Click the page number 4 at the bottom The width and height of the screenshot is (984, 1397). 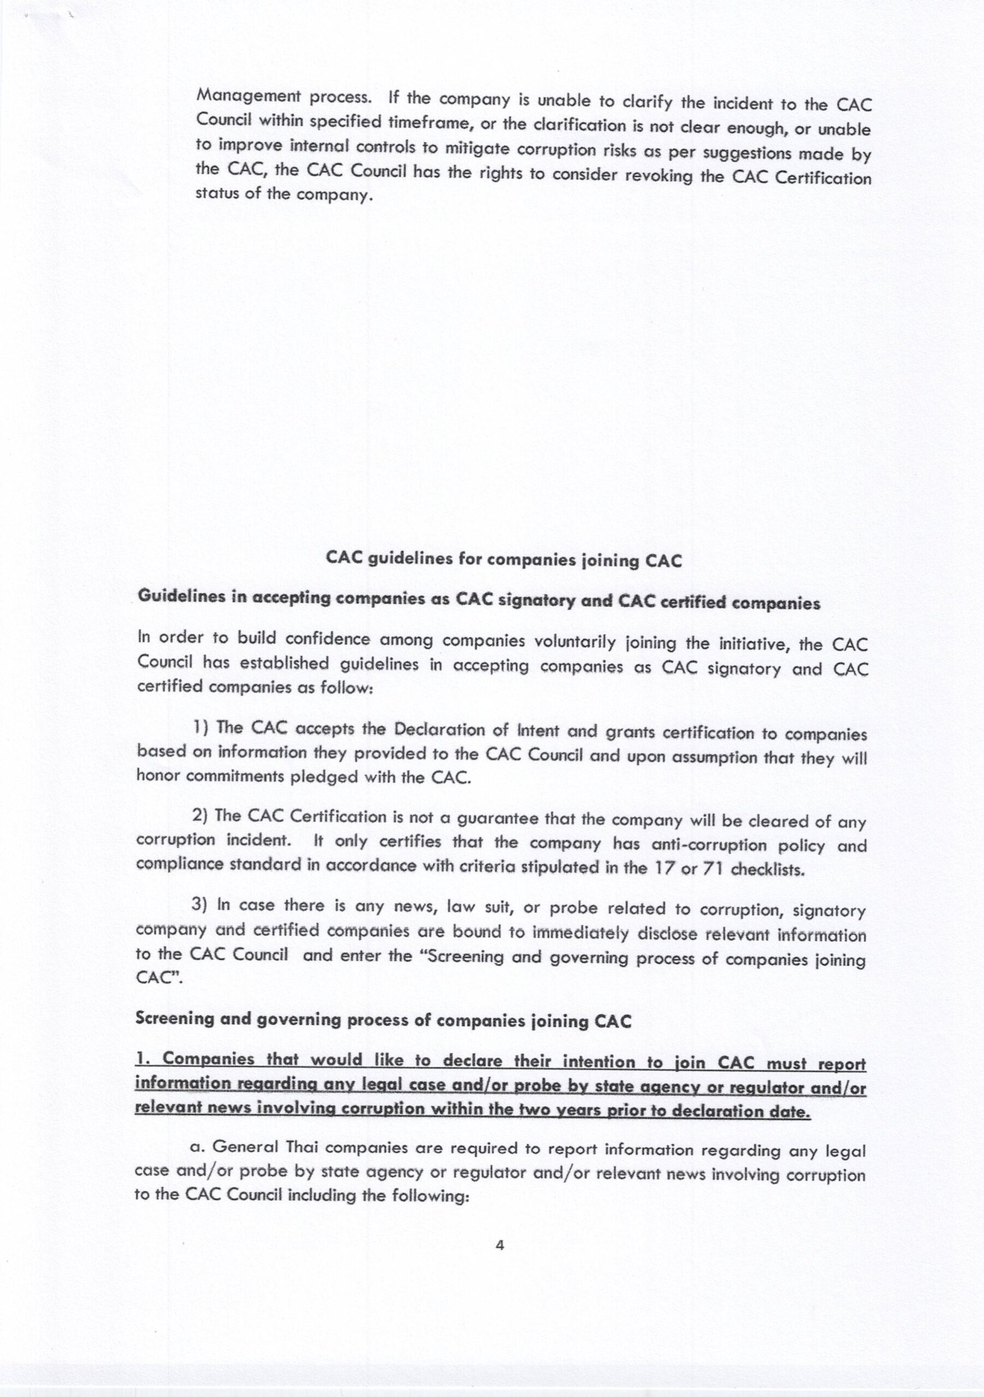click(500, 1245)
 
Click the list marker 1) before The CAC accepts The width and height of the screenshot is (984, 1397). click(202, 726)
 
